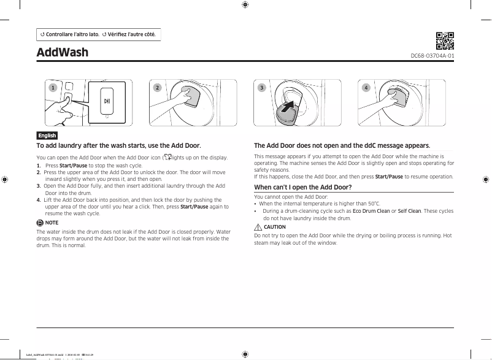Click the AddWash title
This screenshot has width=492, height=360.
[x=63, y=52]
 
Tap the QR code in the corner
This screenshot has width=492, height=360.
[x=445, y=40]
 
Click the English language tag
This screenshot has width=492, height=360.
[x=47, y=136]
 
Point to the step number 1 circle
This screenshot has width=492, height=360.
[x=53, y=88]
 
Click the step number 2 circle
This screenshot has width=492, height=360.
[x=157, y=88]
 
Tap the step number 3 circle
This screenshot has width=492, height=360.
[x=261, y=88]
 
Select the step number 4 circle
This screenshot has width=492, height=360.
[x=366, y=88]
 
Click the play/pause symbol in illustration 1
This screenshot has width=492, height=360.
[x=107, y=101]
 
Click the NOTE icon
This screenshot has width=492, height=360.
[x=40, y=223]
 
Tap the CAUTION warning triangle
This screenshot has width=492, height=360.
[x=258, y=227]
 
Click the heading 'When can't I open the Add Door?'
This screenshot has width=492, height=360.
[x=303, y=187]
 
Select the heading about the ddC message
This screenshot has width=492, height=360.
[x=342, y=145]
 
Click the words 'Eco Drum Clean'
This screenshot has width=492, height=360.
[x=371, y=211]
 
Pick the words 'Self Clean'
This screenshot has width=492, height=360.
[x=409, y=211]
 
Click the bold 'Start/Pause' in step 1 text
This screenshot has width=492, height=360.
[x=73, y=166]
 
